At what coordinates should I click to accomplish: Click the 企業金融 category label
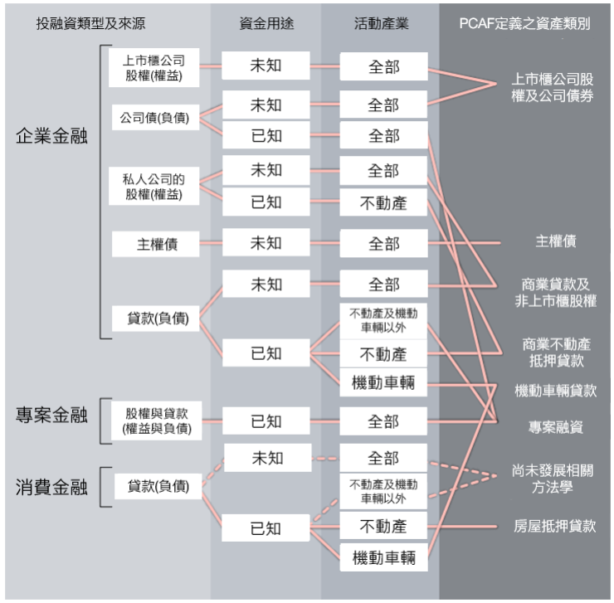coord(51,138)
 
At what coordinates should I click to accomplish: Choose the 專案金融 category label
coord(51,415)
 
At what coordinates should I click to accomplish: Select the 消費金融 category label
coord(51,487)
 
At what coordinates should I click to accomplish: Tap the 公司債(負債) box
coord(155,118)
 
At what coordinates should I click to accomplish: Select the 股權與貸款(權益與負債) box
coord(158,421)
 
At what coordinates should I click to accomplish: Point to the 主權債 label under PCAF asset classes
coord(555,242)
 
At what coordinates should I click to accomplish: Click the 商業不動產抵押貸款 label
coord(553,352)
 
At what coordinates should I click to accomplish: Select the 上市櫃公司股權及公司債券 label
coord(553,88)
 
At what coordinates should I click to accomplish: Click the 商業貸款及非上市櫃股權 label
coord(553,293)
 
